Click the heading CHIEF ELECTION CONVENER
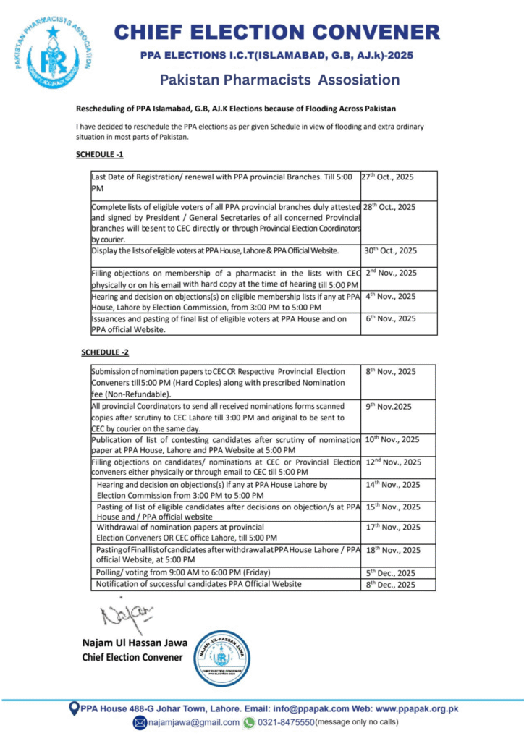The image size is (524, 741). pyautogui.click(x=277, y=32)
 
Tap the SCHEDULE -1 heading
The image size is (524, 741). pyautogui.click(x=100, y=155)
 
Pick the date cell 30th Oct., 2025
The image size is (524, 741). pyautogui.click(x=391, y=251)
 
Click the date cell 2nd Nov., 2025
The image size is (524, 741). pyautogui.click(x=390, y=273)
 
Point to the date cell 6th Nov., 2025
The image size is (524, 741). pyautogui.click(x=390, y=318)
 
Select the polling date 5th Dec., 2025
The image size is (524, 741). pyautogui.click(x=390, y=572)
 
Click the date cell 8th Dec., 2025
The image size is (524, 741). pyautogui.click(x=390, y=584)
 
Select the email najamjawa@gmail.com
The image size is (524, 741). pyautogui.click(x=193, y=722)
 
